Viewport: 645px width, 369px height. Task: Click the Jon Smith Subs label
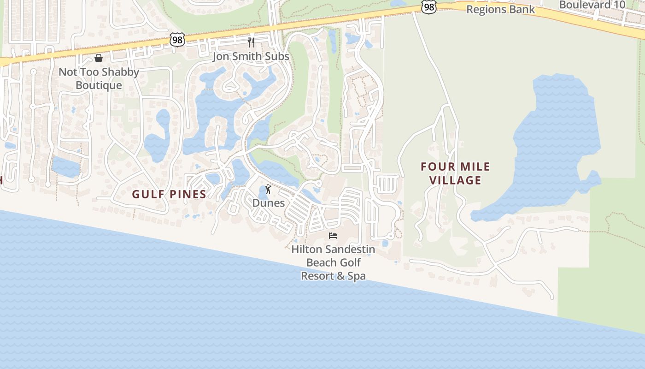click(251, 56)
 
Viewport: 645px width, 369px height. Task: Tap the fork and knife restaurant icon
click(251, 42)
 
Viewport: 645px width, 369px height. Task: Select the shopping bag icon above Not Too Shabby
click(98, 58)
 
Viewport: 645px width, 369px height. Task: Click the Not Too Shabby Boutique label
click(99, 78)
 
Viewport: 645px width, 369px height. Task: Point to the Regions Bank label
click(500, 9)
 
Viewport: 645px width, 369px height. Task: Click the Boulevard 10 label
click(592, 5)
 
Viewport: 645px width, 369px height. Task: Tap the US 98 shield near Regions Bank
click(428, 6)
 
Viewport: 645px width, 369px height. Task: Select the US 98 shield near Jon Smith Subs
click(177, 40)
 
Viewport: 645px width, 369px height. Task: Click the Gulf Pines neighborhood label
click(169, 194)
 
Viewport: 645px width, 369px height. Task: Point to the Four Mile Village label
click(455, 173)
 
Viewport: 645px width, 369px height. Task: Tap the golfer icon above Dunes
click(268, 189)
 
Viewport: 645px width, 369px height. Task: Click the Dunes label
click(268, 203)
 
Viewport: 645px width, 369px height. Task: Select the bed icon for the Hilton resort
click(333, 236)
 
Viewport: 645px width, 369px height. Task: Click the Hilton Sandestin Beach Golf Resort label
click(333, 262)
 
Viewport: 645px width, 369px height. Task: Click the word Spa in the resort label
click(356, 276)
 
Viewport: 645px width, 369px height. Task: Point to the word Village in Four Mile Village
click(455, 180)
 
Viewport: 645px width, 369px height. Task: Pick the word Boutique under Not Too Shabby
click(99, 85)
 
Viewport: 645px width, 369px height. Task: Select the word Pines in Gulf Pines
click(188, 194)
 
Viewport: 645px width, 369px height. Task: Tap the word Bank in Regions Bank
click(523, 9)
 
